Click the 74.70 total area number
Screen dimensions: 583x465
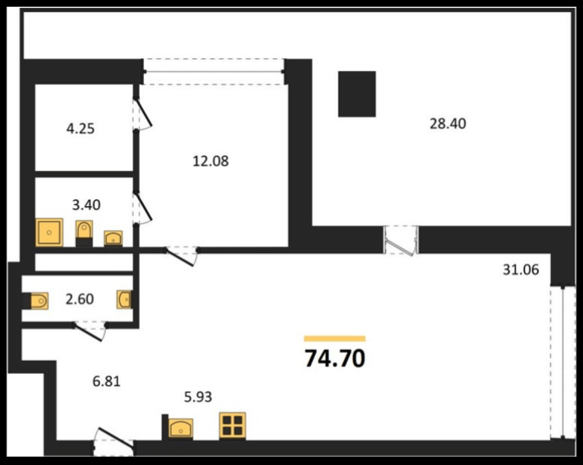point(335,358)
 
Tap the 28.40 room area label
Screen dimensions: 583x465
point(448,123)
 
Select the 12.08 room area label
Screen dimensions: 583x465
point(211,161)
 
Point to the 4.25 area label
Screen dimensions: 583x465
point(81,128)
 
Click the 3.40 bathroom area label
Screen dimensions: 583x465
point(87,205)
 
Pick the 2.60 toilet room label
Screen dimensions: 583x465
point(80,299)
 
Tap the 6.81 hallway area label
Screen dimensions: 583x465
point(106,381)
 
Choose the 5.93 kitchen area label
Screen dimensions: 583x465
point(198,397)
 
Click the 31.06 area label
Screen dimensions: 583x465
point(521,269)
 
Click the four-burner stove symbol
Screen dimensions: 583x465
point(232,425)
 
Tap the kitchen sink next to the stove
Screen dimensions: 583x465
point(181,428)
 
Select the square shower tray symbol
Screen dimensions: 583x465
point(49,232)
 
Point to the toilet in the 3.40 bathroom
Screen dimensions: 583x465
point(84,233)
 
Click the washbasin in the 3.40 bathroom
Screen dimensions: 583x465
point(113,238)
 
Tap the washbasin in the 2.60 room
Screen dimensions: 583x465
point(124,299)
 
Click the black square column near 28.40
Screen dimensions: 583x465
point(357,94)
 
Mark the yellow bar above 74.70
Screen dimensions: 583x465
point(334,338)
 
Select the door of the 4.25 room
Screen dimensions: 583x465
point(143,111)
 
